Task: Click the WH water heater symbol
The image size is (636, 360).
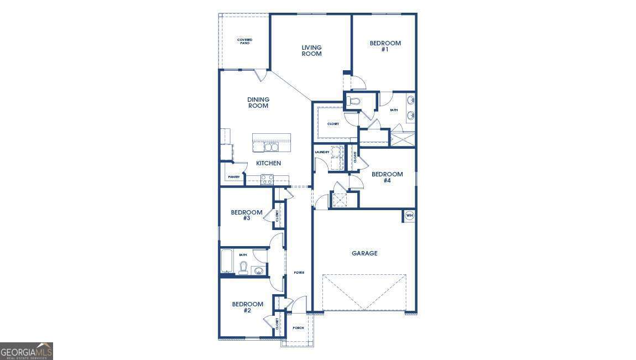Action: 410,216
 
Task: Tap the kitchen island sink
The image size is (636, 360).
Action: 271,147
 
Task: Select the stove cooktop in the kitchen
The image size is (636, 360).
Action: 268,179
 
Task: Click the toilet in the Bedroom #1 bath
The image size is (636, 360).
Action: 355,101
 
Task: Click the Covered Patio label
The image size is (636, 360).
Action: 244,41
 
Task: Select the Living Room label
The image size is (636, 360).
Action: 311,51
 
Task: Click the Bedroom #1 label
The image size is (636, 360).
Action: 385,46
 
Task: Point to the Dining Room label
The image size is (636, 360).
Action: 258,103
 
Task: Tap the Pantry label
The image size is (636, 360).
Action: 234,177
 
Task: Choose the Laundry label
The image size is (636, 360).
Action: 322,152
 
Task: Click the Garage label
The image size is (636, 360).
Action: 364,253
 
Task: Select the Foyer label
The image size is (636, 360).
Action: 299,273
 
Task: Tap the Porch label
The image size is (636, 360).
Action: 298,328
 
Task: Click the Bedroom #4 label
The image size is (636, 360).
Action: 387,177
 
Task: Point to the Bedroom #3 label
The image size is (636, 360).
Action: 247,215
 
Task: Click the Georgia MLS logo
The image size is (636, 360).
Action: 27,351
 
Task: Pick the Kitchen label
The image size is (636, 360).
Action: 268,163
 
